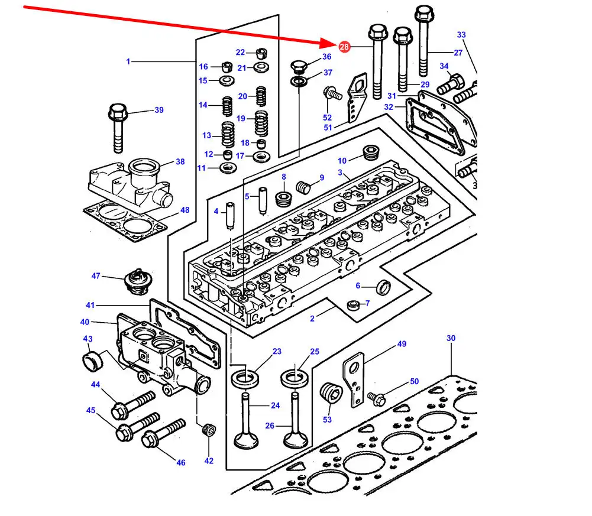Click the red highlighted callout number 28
[x=344, y=47]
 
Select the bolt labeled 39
[x=117, y=127]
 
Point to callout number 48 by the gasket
[x=185, y=210]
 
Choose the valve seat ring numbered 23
[x=245, y=378]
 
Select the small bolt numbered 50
[x=377, y=399]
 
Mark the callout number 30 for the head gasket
[x=451, y=338]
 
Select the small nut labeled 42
[x=208, y=430]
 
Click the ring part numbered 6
[x=383, y=287]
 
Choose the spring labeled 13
[x=228, y=135]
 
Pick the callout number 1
[x=128, y=61]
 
